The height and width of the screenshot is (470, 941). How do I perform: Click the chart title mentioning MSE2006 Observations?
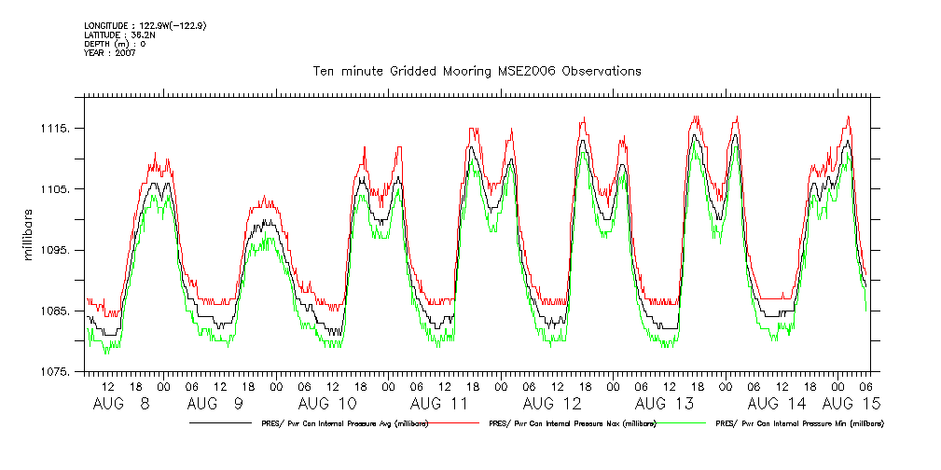coord(477,72)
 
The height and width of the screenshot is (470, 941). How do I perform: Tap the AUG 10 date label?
coord(327,404)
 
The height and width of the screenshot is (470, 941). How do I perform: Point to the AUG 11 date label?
coord(439,404)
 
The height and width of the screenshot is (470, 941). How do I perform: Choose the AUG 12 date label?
coord(552,404)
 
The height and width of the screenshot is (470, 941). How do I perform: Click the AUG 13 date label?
coord(664,404)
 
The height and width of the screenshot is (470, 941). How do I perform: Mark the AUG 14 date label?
coord(776,404)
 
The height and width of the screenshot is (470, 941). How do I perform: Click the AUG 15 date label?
coord(851,404)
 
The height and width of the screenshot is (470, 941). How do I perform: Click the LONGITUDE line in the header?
coord(144,25)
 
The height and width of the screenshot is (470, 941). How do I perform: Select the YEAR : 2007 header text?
coord(110,53)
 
